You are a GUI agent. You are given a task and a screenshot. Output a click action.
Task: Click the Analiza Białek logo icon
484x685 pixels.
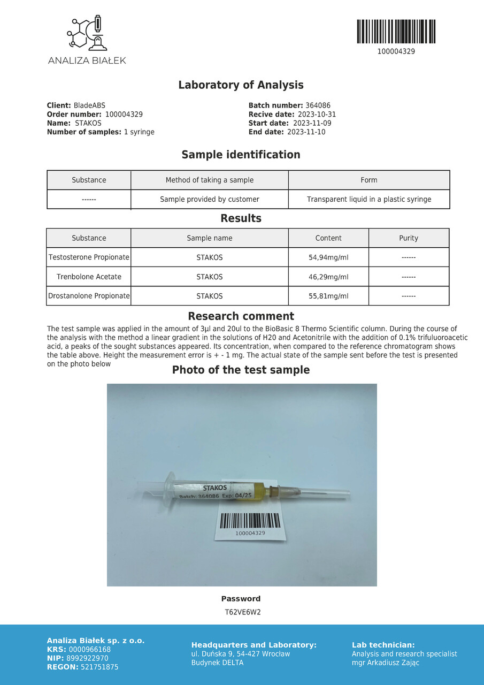click(87, 33)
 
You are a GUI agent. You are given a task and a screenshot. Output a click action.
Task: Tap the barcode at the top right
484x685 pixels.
click(396, 32)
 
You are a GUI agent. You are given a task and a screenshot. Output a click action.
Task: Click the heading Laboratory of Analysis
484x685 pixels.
click(241, 85)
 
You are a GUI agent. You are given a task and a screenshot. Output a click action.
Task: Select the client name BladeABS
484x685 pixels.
click(89, 105)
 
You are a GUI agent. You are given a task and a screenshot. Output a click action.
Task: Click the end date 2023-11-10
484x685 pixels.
click(306, 132)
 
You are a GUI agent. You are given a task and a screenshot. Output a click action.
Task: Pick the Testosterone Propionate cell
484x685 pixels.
click(89, 257)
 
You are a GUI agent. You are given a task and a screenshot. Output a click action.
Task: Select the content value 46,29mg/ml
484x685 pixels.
click(328, 277)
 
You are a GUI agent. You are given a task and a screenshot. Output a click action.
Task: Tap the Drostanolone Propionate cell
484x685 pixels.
click(89, 296)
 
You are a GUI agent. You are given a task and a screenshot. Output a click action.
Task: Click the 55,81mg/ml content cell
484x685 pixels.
click(328, 296)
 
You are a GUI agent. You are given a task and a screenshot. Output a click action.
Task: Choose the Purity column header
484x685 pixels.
click(409, 238)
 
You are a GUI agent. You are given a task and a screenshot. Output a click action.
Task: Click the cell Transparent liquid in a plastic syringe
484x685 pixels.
click(369, 199)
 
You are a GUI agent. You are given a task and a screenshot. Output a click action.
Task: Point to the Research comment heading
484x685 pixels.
click(241, 316)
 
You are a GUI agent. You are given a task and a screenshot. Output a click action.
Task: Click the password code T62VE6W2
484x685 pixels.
click(242, 612)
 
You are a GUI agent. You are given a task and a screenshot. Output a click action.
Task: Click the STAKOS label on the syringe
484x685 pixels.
click(215, 488)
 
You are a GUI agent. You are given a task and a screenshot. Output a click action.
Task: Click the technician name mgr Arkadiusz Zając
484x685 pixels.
click(385, 663)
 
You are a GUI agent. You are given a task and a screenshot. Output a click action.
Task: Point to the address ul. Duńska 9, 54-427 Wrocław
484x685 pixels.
click(241, 654)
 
